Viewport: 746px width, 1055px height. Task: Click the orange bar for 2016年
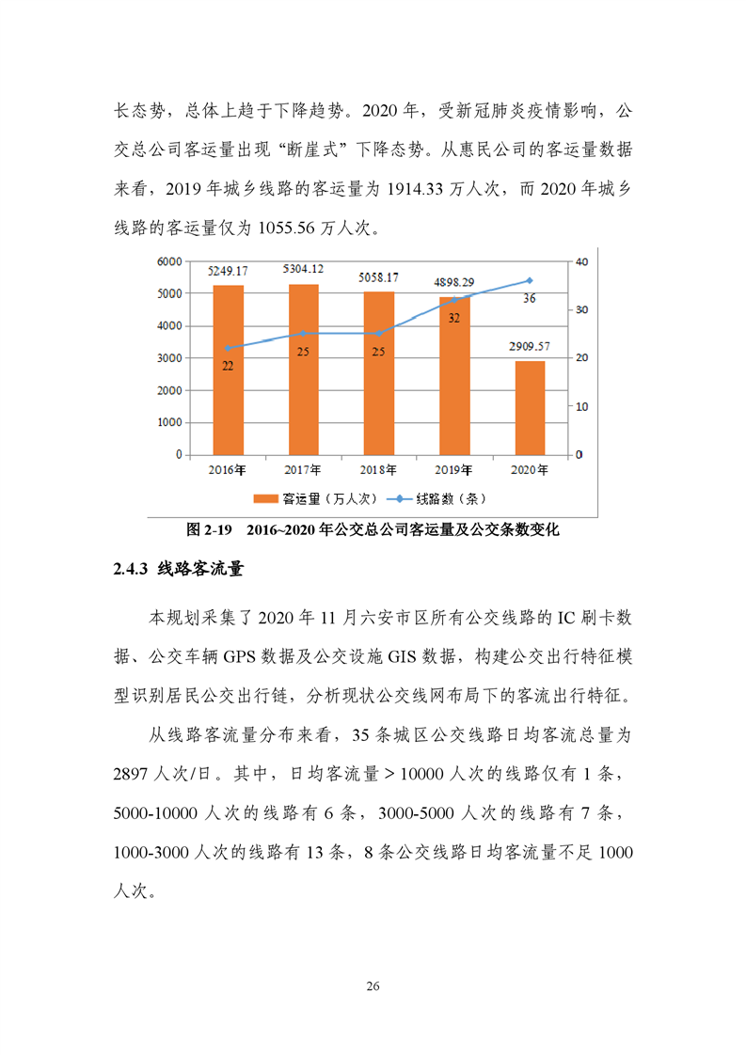tap(228, 370)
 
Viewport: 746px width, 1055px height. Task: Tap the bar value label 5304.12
tap(303, 269)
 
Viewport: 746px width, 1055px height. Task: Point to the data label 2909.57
tap(529, 346)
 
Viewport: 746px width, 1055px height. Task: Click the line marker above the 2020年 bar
tap(529, 280)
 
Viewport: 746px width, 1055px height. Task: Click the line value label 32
tap(454, 318)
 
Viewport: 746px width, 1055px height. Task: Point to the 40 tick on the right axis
tap(580, 261)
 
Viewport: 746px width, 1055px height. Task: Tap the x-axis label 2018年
tap(378, 470)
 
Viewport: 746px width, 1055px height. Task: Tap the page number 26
tap(373, 986)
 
